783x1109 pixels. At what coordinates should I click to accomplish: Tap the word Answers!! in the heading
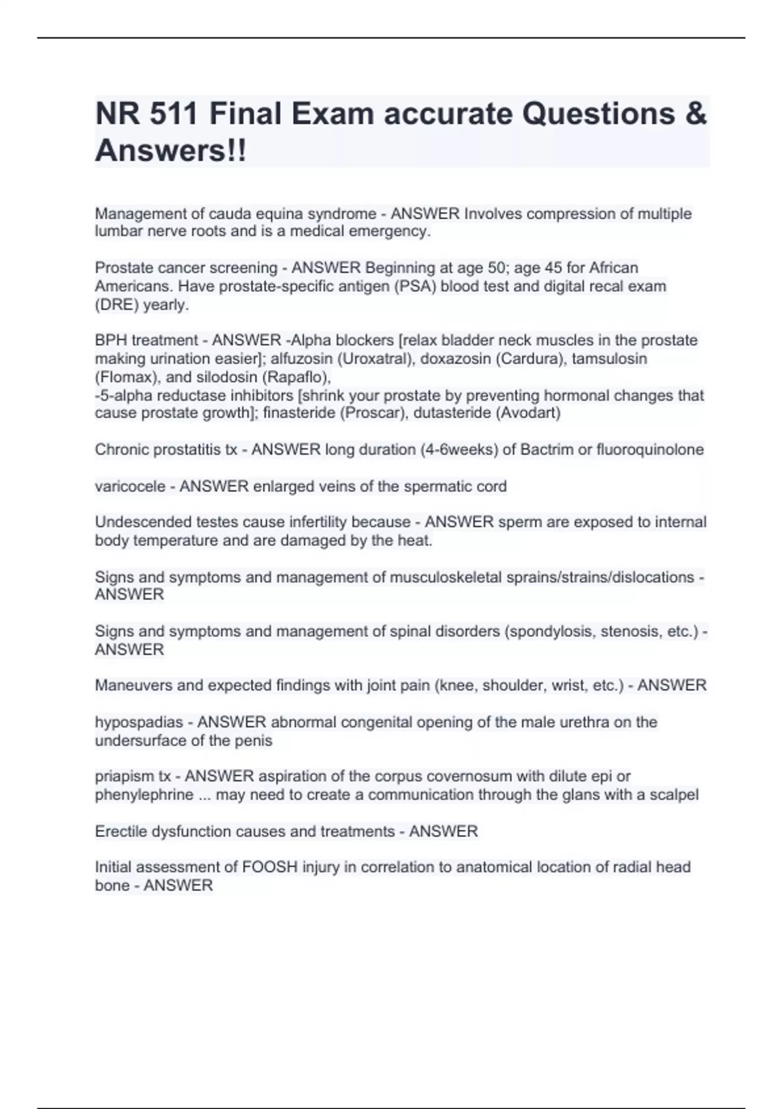[171, 151]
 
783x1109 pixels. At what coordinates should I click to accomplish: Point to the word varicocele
[130, 487]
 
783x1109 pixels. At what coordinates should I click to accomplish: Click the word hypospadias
[139, 722]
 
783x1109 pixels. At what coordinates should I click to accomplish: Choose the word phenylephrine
[144, 795]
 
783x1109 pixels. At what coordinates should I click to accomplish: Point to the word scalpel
[675, 795]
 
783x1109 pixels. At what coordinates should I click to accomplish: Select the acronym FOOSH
[270, 868]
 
